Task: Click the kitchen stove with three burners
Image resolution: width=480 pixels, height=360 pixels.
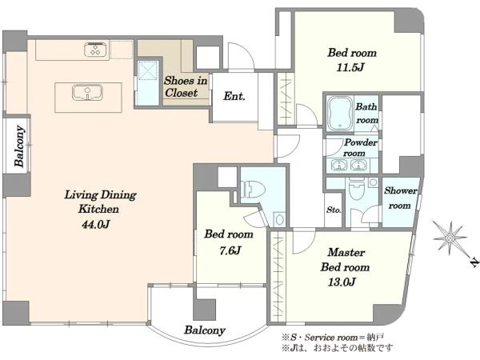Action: pos(96,50)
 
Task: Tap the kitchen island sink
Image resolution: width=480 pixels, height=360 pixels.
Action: pos(87,93)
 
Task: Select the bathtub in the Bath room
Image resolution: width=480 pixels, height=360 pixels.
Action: pos(339,112)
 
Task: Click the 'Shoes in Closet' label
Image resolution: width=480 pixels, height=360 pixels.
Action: pos(186,86)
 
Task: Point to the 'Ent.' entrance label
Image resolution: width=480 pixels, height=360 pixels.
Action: pos(234,96)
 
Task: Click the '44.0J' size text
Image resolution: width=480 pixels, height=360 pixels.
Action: pos(95,225)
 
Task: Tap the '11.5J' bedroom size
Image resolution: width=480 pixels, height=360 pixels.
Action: pos(350,67)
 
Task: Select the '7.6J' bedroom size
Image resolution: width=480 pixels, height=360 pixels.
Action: pos(230,250)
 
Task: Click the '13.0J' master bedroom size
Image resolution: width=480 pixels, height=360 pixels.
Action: pos(342,282)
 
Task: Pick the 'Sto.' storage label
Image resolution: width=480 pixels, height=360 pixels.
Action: pos(334,210)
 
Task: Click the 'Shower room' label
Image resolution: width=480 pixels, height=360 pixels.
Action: pos(401,198)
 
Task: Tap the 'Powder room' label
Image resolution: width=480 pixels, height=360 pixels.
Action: pos(360,147)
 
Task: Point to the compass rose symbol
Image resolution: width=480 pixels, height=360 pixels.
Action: pos(450,238)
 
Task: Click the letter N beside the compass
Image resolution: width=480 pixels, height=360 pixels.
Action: pos(474,263)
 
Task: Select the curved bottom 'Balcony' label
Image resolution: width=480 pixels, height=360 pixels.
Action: pos(205,330)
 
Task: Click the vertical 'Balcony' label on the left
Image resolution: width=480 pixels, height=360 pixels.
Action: pos(19,146)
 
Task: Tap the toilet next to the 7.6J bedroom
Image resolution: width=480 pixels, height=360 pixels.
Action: pos(252,189)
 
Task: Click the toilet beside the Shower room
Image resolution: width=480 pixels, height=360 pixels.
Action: pos(356,189)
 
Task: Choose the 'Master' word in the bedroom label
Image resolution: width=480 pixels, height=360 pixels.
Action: pos(346,252)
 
